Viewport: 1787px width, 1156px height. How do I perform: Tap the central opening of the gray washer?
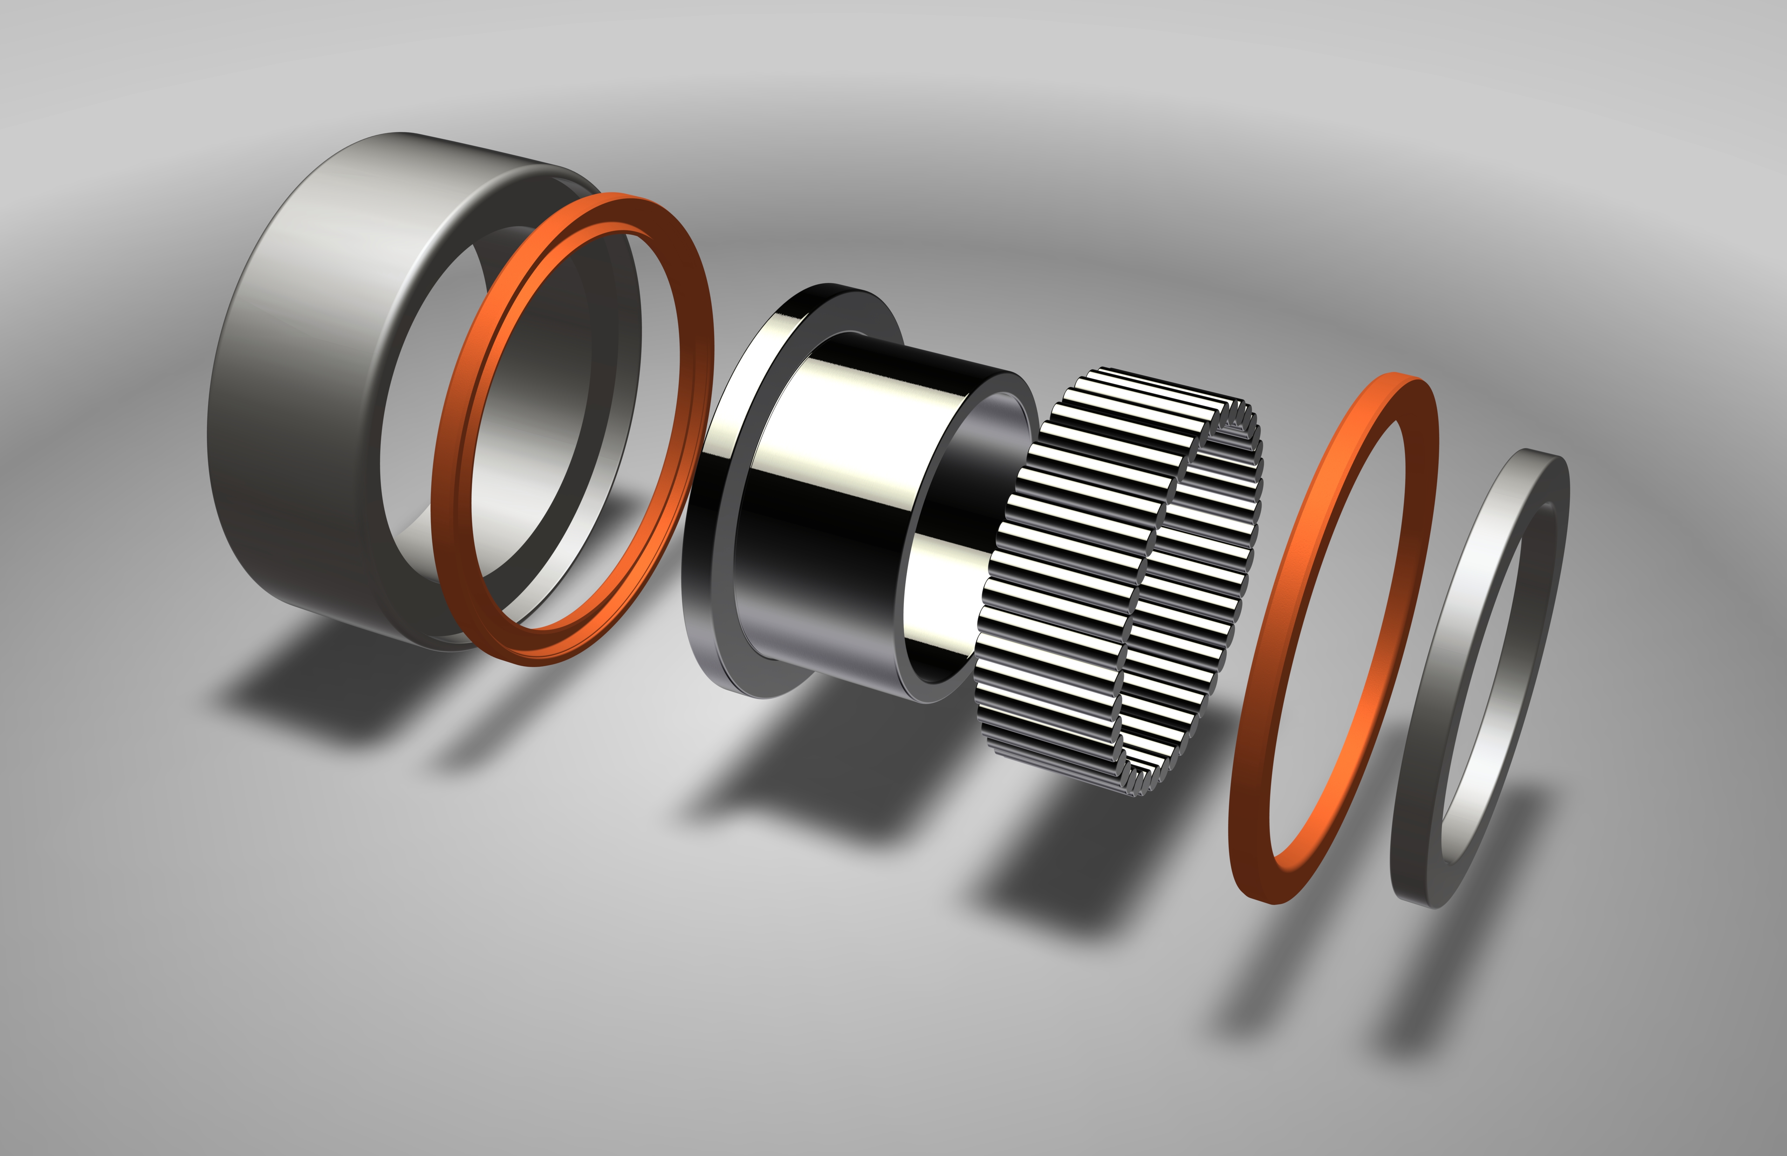point(1494,676)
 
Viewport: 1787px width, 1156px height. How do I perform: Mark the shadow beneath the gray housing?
point(315,690)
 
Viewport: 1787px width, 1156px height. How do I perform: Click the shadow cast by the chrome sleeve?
point(811,781)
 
